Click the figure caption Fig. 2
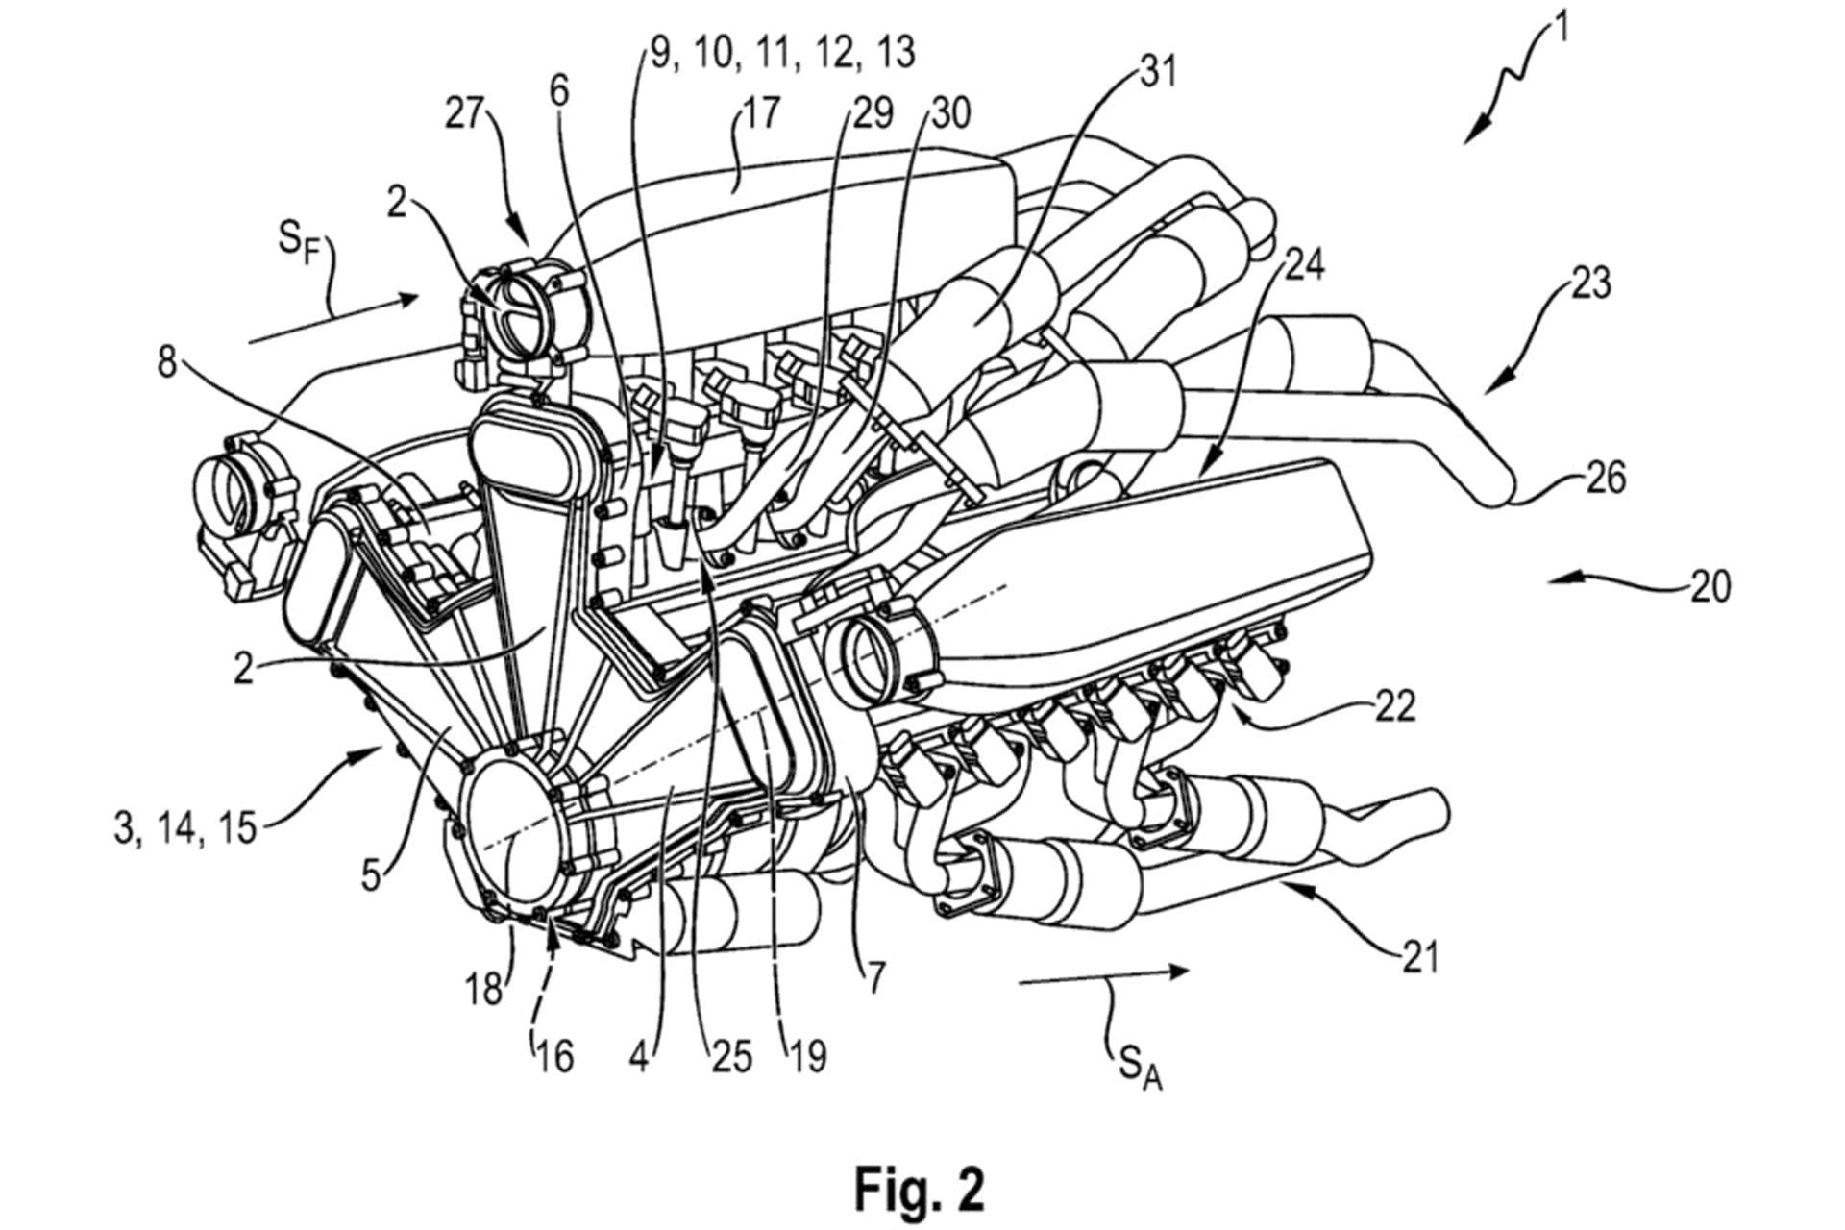[x=920, y=1189]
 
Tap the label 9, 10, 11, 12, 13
[x=782, y=52]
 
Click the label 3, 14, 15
[x=185, y=827]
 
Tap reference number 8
[x=167, y=364]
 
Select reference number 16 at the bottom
[x=554, y=1057]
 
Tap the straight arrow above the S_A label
[x=1105, y=975]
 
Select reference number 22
[x=1394, y=706]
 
